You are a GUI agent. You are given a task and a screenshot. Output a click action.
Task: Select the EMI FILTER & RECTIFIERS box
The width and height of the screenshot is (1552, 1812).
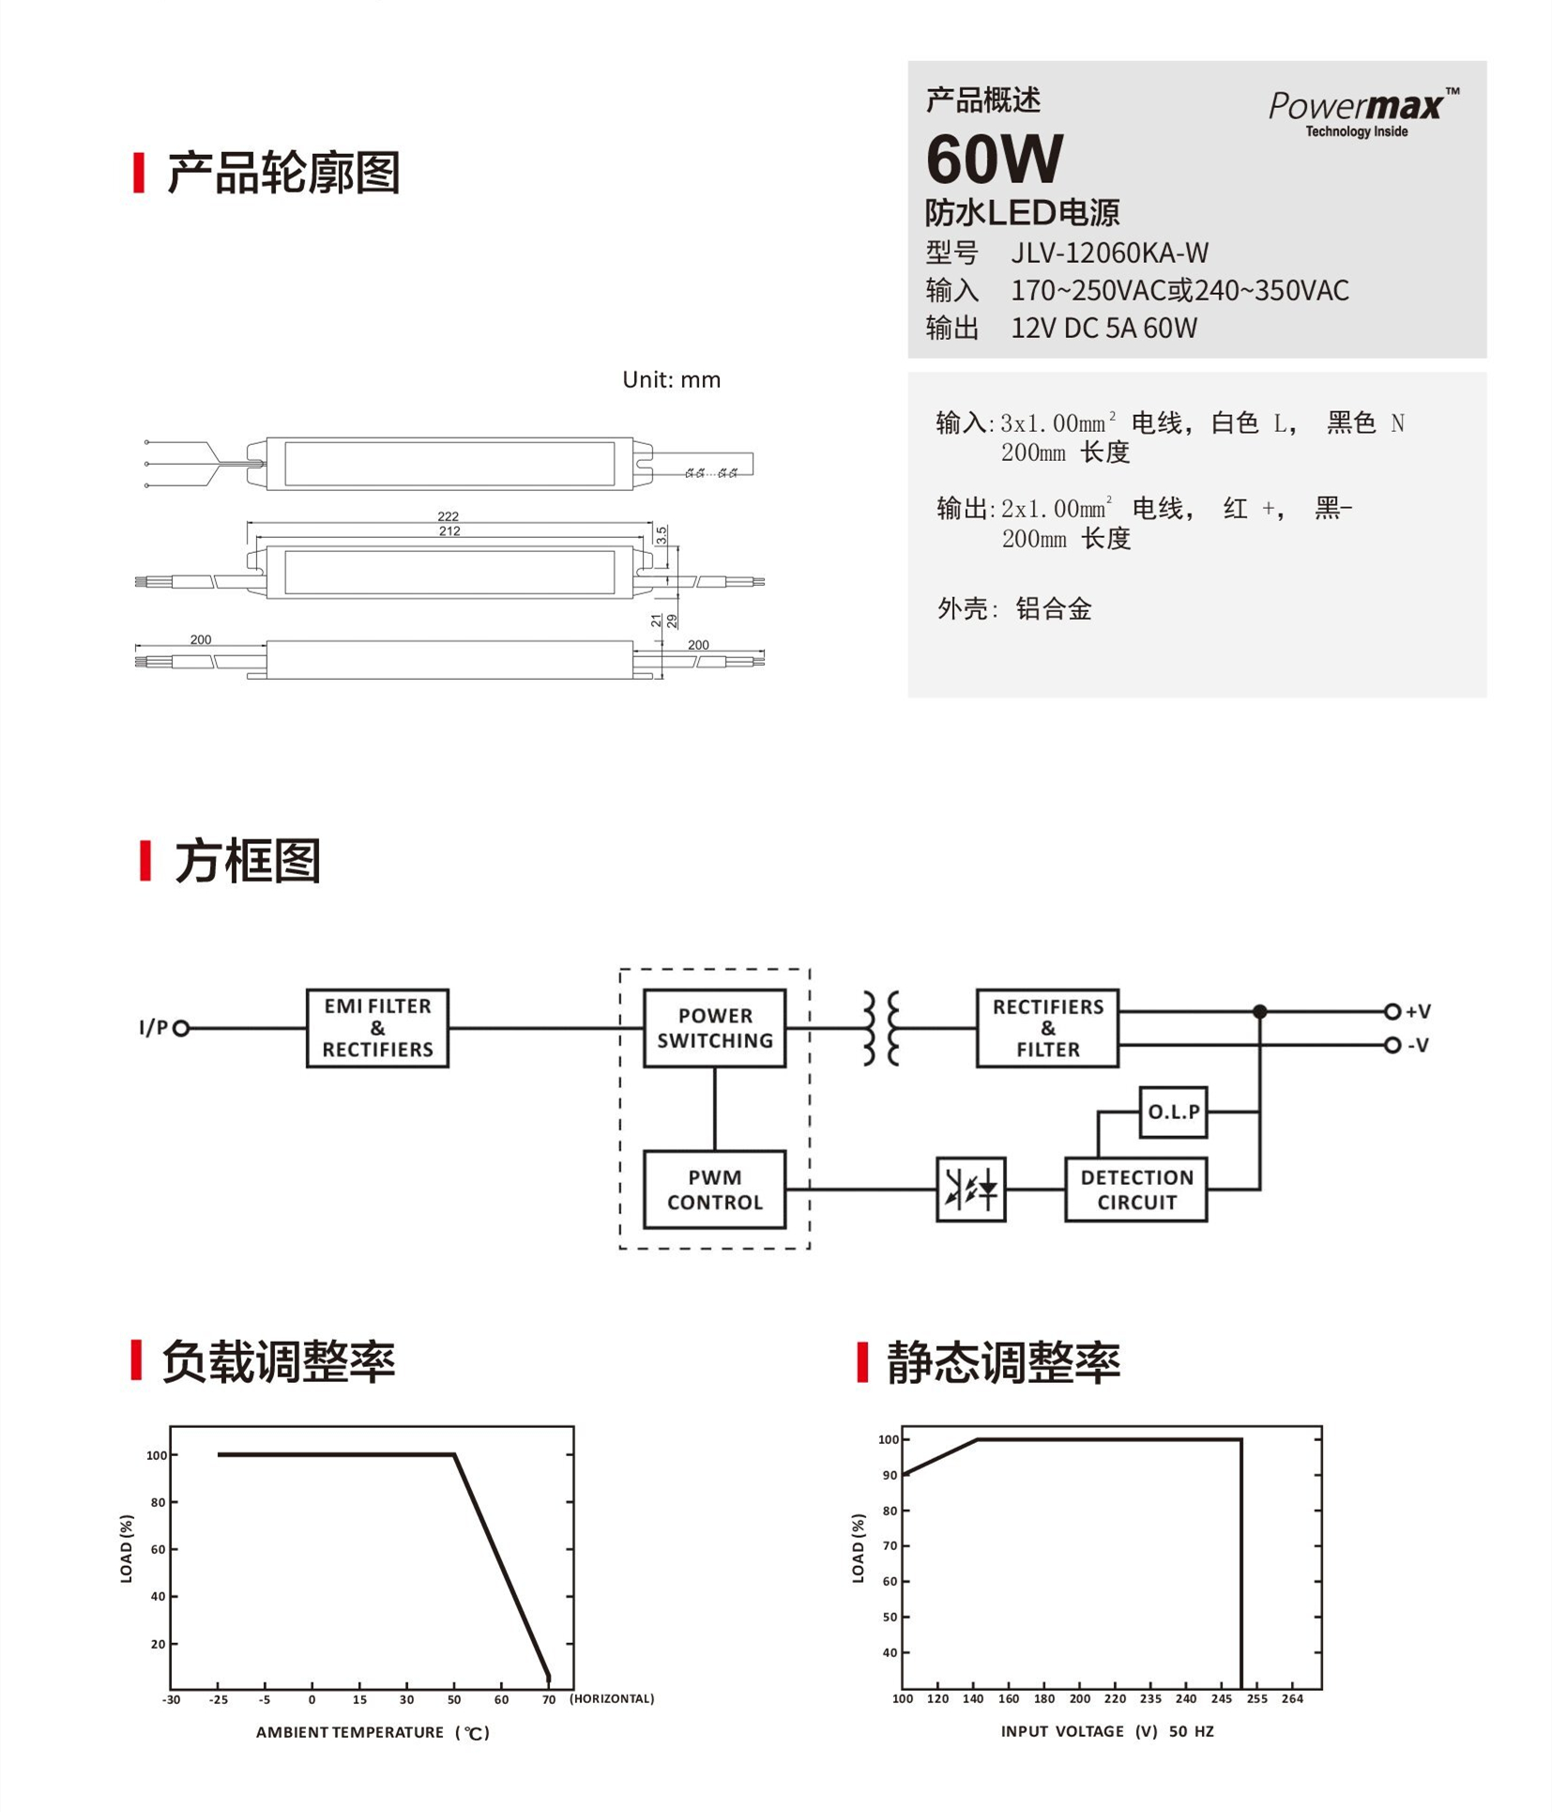coord(377,1028)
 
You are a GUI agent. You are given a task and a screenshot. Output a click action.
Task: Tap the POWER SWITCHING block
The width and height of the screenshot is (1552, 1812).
coord(714,1028)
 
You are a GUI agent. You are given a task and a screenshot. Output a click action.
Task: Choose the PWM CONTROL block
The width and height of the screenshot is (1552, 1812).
coord(714,1190)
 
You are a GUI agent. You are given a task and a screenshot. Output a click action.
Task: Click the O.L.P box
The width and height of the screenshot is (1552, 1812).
coord(1173,1112)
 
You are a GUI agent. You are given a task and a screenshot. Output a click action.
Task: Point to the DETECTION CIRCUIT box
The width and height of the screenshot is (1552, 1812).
coord(1135,1190)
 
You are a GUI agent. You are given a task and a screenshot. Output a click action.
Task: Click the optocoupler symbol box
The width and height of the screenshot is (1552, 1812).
coord(971,1190)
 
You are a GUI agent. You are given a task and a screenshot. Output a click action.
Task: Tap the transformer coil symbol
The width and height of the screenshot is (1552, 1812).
coord(881,1028)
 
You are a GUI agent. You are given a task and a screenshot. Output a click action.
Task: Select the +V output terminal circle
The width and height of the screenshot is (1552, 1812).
coord(1392,1011)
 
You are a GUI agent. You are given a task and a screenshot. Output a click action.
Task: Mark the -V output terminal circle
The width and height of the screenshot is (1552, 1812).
coord(1392,1045)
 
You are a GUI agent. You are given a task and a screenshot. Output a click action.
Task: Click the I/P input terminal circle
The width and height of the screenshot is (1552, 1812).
coord(181,1028)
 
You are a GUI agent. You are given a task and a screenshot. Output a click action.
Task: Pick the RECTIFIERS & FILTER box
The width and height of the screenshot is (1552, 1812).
coord(1047,1028)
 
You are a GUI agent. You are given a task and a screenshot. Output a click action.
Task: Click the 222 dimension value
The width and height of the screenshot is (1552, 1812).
coord(448,516)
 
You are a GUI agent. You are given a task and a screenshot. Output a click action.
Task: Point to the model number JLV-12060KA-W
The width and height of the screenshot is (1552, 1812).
coord(1109,253)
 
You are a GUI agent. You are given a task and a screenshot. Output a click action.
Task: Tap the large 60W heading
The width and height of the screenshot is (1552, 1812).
coord(995,158)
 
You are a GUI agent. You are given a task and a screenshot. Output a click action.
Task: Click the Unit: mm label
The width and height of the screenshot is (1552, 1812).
coord(671,379)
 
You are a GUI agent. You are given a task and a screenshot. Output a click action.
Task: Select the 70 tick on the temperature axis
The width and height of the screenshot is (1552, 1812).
coord(549,1699)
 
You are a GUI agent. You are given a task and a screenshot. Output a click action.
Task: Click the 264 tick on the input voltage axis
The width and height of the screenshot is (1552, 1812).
coord(1292,1698)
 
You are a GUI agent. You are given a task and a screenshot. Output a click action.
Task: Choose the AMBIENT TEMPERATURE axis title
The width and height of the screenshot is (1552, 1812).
coord(373,1732)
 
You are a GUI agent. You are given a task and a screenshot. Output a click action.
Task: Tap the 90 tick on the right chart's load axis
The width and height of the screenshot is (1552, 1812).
coord(890,1475)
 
